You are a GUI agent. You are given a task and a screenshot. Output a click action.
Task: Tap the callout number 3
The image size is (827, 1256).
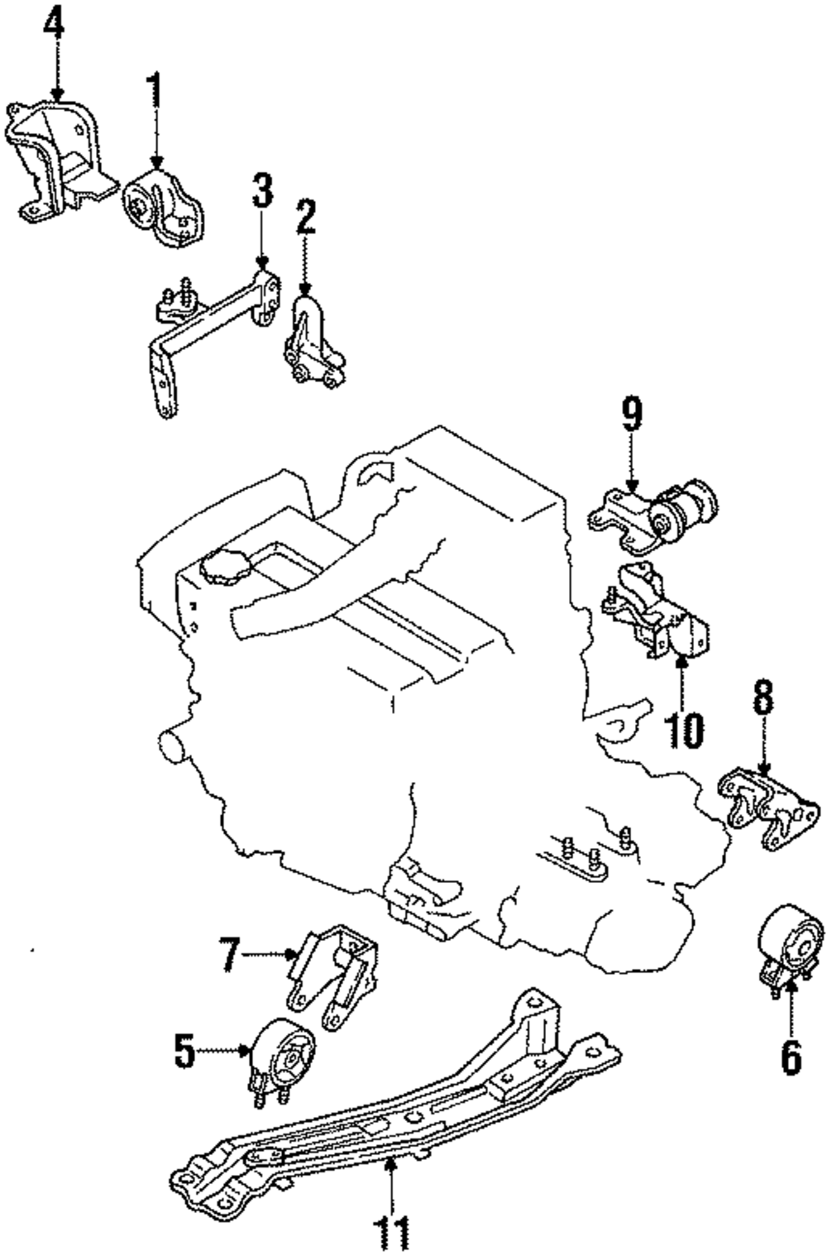(261, 190)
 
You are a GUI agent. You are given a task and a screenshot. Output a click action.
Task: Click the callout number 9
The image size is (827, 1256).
(632, 414)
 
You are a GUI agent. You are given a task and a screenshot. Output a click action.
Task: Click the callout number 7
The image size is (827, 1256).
(230, 952)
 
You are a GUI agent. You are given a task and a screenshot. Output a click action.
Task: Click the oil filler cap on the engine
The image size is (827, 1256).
(227, 568)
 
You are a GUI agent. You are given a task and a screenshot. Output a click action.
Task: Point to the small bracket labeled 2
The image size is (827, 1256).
(313, 342)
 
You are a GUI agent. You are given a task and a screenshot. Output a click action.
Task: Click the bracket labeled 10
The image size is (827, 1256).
(655, 611)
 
